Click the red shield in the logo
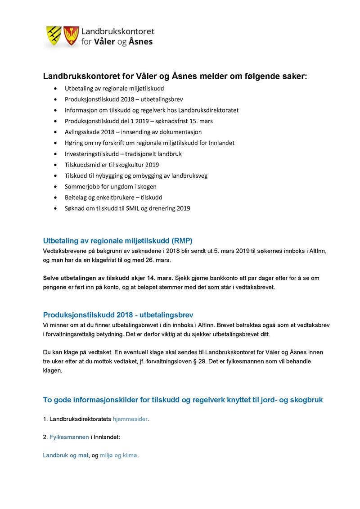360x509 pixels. [x=70, y=36]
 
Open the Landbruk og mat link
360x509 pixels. [x=65, y=455]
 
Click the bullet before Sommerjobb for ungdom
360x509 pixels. [x=55, y=187]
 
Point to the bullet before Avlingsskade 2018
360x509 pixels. [x=55, y=132]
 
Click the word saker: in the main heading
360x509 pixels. [x=292, y=77]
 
